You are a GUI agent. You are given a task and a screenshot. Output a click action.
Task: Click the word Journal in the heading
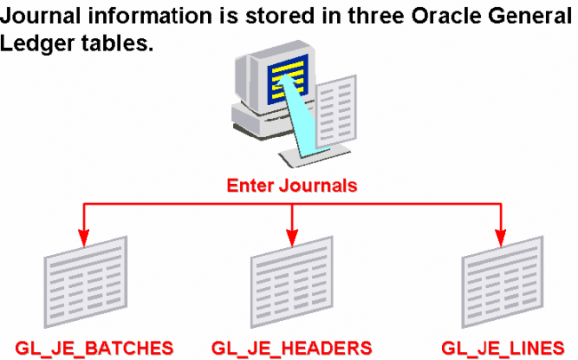[x=40, y=16]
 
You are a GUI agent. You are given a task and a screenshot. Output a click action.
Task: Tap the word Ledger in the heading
[x=36, y=44]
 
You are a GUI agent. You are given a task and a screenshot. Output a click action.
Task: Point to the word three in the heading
[x=376, y=16]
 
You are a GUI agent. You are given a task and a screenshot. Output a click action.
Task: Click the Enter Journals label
[x=292, y=186]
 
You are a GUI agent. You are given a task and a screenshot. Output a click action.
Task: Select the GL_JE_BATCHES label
[x=94, y=348]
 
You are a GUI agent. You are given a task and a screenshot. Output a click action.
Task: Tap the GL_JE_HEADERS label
[x=292, y=348]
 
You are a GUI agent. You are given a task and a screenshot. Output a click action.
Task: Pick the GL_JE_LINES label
[x=502, y=348]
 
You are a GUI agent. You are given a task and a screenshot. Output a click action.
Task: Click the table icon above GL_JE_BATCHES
[x=85, y=283]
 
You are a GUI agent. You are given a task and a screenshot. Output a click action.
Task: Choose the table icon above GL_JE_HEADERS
[x=292, y=283]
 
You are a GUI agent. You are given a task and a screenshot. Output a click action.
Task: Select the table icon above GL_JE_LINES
[x=502, y=283]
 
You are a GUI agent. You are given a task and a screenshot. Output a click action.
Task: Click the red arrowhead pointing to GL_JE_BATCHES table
[x=84, y=238]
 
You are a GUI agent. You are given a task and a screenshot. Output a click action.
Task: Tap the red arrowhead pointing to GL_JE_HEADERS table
[x=292, y=238]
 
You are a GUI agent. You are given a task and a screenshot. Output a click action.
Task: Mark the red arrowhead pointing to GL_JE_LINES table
[x=501, y=238]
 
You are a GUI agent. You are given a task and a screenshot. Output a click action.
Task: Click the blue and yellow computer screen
[x=288, y=79]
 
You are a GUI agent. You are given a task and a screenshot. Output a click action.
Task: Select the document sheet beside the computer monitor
[x=336, y=110]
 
